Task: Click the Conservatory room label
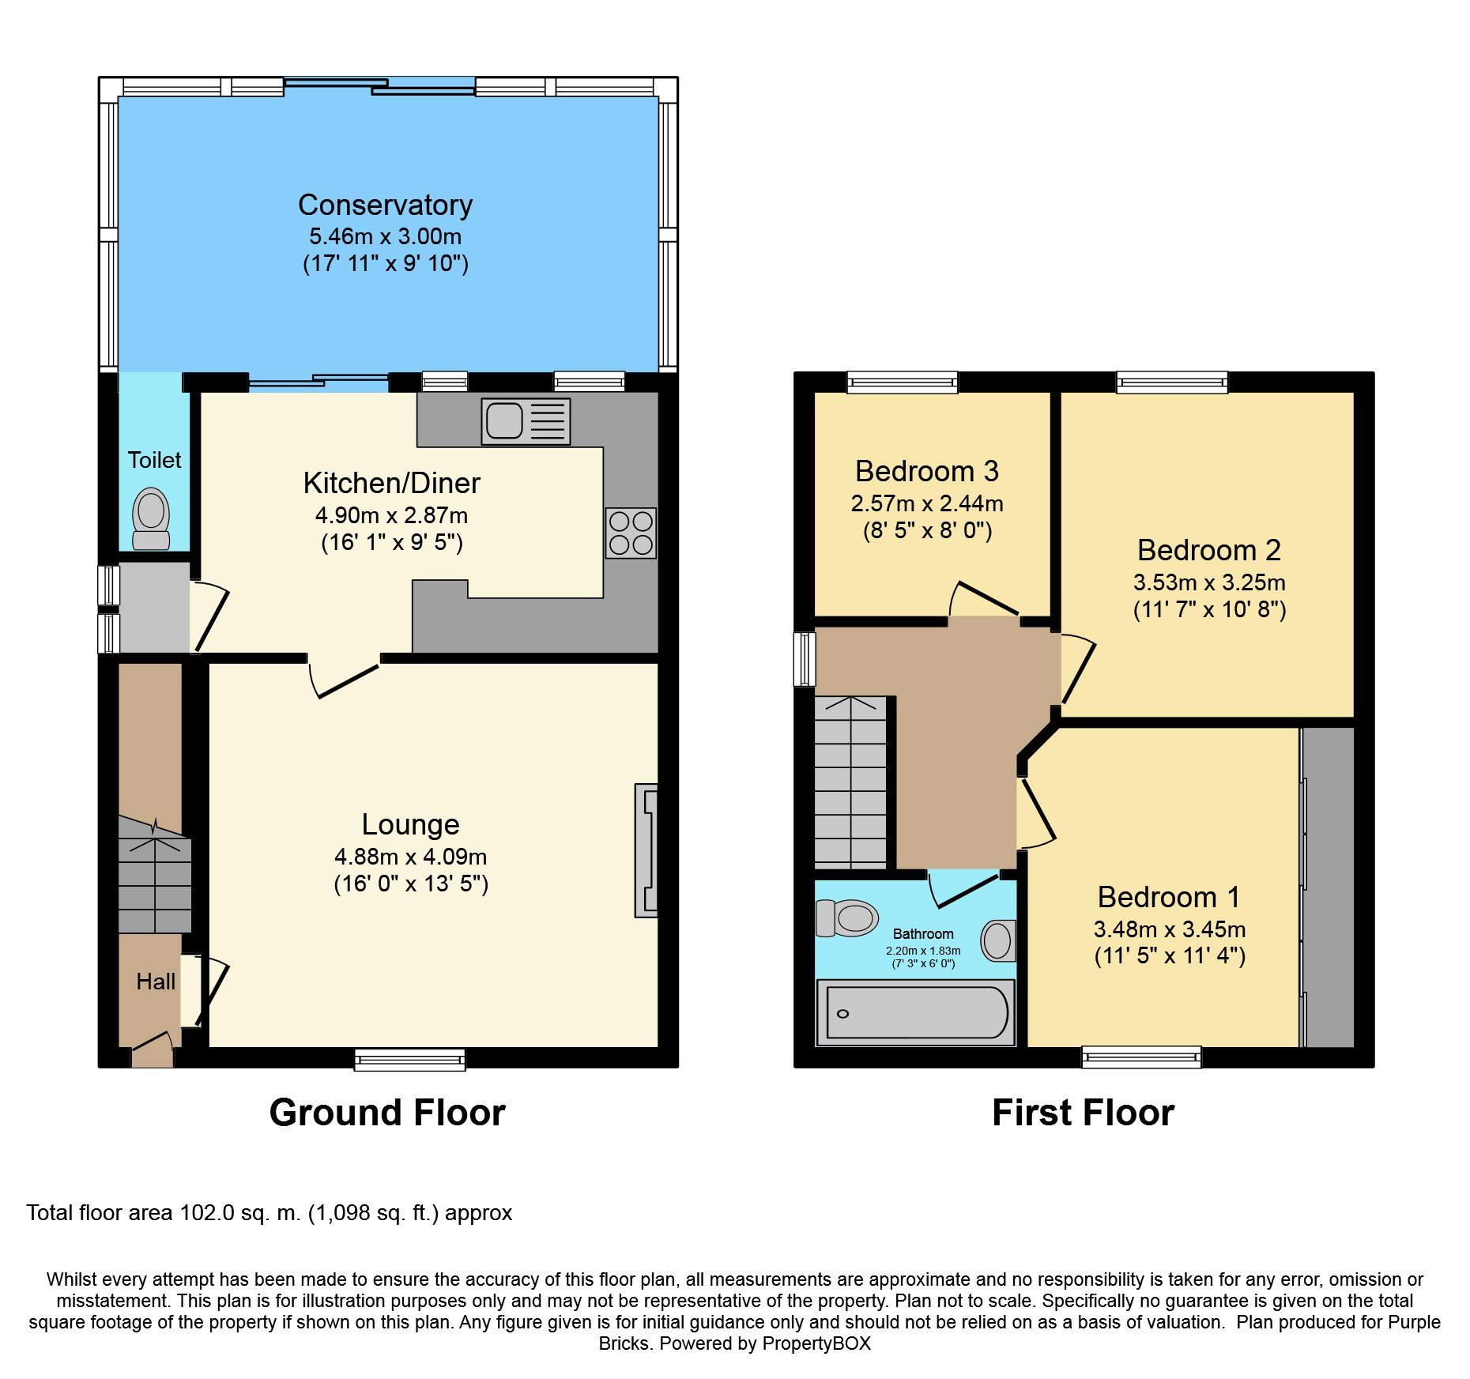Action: tap(385, 205)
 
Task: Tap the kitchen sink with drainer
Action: tap(526, 421)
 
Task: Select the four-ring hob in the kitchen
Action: tap(631, 533)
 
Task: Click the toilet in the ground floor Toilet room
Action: tap(151, 518)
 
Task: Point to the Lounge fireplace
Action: tap(646, 850)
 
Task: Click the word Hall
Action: tap(156, 982)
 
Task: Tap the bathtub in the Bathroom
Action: tap(916, 1012)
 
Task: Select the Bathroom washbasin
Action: tap(998, 940)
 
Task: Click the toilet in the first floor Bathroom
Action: tap(846, 917)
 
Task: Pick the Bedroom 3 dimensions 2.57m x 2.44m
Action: tap(927, 503)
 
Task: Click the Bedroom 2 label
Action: tap(1209, 550)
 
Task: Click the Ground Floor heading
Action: tap(387, 1113)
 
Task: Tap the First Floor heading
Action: tap(1084, 1113)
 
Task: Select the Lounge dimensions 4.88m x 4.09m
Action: tap(410, 857)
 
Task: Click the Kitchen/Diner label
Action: tap(391, 483)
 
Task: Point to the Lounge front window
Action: tap(410, 1059)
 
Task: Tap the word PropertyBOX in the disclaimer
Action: tap(816, 1343)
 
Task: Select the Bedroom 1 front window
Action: tap(1141, 1057)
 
